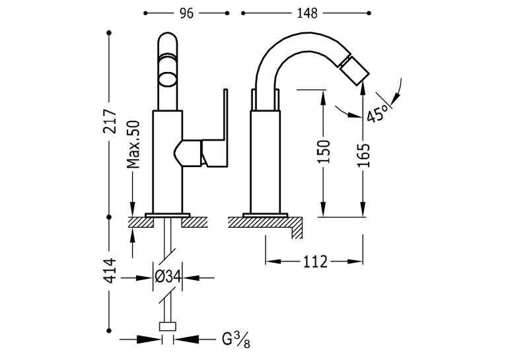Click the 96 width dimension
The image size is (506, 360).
[x=186, y=13]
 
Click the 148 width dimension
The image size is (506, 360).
[x=307, y=13]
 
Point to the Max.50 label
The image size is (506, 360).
[x=133, y=145]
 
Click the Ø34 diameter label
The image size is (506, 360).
[x=168, y=277]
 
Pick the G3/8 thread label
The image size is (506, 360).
[x=236, y=340]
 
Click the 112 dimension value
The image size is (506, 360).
[x=315, y=262]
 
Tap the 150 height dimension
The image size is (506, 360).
[x=324, y=152]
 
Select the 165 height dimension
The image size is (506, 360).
[x=363, y=155]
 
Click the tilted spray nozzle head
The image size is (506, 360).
[x=353, y=71]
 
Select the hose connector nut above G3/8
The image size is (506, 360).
[x=168, y=326]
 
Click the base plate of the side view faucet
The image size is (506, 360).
[x=265, y=215]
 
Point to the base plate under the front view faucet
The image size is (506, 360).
[x=168, y=215]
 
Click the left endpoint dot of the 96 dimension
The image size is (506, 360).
[x=145, y=13]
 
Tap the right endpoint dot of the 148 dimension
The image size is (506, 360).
[x=369, y=13]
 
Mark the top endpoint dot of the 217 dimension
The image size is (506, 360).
[x=109, y=32]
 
